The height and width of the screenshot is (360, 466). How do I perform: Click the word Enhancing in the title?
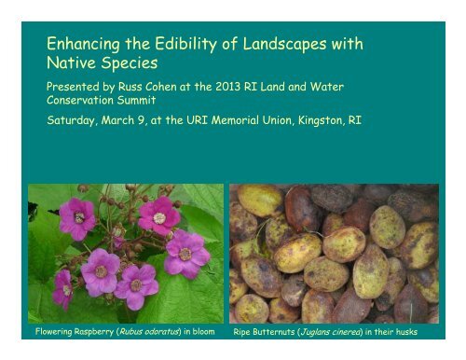click(x=83, y=44)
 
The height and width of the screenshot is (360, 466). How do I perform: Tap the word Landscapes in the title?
click(x=284, y=44)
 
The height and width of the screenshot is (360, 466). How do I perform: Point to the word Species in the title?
click(x=130, y=63)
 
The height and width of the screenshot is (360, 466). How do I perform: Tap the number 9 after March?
click(x=141, y=120)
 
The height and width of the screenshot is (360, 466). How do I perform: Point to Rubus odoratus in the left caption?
click(x=149, y=332)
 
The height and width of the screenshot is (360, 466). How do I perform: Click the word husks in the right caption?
click(x=405, y=332)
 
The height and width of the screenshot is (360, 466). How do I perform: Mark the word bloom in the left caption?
click(x=203, y=331)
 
